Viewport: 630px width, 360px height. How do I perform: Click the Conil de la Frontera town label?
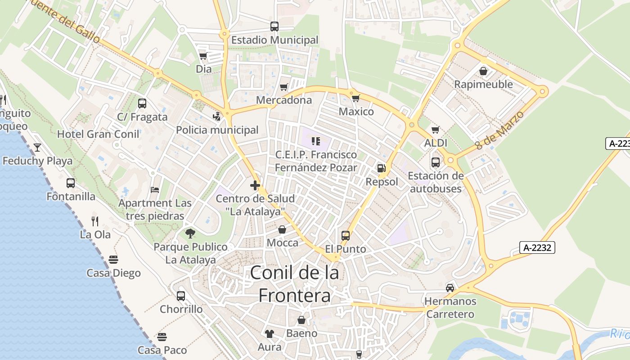[x=294, y=284]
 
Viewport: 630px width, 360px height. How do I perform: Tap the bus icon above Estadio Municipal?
[x=274, y=27]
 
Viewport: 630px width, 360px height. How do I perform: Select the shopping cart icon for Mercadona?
[x=283, y=87]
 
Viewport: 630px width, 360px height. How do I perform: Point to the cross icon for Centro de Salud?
[x=255, y=185]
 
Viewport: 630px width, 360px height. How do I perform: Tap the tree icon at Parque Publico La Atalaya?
[x=190, y=233]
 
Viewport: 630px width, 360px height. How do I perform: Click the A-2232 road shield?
[x=537, y=247]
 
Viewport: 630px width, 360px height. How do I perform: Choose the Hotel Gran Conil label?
[x=98, y=134]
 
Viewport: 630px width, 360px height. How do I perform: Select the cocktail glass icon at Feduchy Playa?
[x=37, y=147]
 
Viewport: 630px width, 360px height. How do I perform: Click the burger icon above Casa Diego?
[x=113, y=260]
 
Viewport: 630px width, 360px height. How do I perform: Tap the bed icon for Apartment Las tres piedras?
[x=155, y=190]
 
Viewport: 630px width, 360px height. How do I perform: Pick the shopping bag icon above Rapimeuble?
[x=483, y=71]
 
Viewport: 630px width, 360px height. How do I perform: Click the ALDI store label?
[x=436, y=143]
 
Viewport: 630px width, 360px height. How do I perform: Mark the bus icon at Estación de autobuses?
[x=436, y=162]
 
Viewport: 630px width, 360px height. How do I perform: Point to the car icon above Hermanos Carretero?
[x=450, y=288]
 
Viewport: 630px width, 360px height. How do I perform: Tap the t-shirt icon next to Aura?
[x=270, y=333]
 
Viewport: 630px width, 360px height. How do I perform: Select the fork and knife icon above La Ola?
[x=95, y=221]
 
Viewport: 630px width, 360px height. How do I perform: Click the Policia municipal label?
[x=217, y=130]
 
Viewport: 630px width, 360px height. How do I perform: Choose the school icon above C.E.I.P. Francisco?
[x=316, y=141]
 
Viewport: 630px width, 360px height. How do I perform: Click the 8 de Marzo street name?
[x=499, y=131]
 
